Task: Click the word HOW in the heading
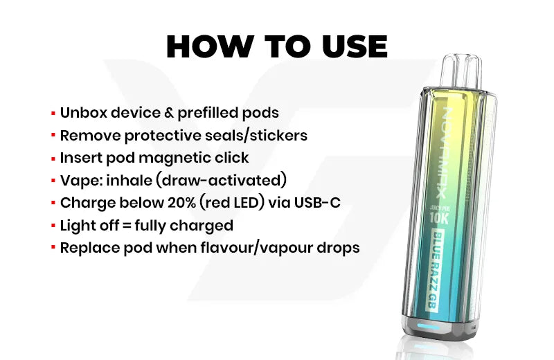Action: click(x=210, y=46)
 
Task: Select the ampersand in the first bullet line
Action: click(x=169, y=113)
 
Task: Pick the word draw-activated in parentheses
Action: click(x=221, y=180)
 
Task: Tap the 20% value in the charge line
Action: click(x=181, y=203)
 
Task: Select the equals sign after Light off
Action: click(x=127, y=226)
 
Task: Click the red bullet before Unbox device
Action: click(x=53, y=114)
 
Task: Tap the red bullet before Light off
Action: click(x=53, y=226)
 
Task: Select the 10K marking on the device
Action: click(x=438, y=218)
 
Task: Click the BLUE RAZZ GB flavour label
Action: click(x=436, y=271)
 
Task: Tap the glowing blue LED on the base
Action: click(x=428, y=326)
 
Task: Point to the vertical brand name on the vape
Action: click(x=444, y=152)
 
